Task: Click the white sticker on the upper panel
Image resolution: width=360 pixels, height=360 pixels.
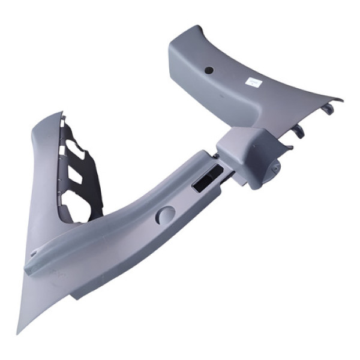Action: pyautogui.click(x=253, y=82)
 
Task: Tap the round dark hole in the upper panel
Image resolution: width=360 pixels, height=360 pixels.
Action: pyautogui.click(x=209, y=70)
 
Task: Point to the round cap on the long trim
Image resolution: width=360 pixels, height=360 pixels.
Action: pyautogui.click(x=166, y=215)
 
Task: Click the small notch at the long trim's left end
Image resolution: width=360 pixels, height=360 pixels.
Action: pyautogui.click(x=33, y=254)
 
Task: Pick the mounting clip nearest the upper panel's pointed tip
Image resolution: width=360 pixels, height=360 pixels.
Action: pyautogui.click(x=327, y=109)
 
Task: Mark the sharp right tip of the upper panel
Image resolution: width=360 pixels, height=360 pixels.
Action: pyautogui.click(x=341, y=100)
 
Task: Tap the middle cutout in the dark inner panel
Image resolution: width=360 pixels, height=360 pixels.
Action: pyautogui.click(x=76, y=175)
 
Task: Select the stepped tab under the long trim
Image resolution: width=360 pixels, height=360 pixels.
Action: pyautogui.click(x=79, y=293)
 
